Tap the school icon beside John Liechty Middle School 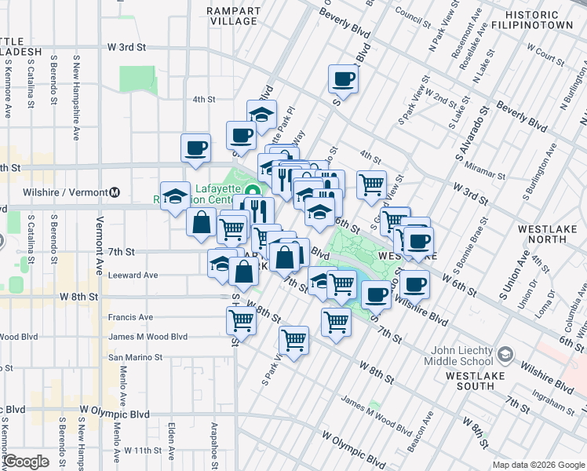507,355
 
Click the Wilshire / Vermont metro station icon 115,192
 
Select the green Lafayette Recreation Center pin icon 251,191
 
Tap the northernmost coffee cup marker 344,78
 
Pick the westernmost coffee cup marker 195,147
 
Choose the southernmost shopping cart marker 293,340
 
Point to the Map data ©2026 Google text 538,465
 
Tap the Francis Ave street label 132,319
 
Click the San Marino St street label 135,356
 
